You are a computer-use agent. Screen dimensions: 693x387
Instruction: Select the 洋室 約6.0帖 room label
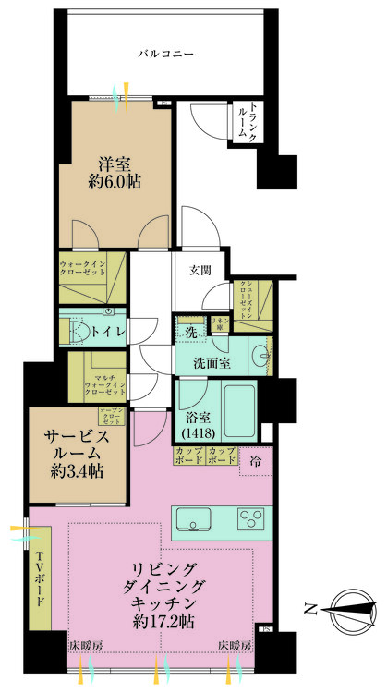pyautogui.click(x=115, y=173)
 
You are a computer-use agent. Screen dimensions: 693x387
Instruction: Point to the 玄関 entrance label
pyautogui.click(x=201, y=271)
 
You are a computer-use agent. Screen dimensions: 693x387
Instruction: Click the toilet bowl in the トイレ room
pyautogui.click(x=80, y=330)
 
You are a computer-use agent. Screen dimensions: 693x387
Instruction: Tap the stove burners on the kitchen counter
pyautogui.click(x=250, y=518)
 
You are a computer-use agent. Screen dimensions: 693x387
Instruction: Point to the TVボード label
pyautogui.click(x=41, y=582)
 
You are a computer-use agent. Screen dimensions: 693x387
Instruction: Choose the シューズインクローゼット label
pyautogui.click(x=247, y=300)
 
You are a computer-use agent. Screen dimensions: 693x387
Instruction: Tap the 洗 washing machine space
pyautogui.click(x=189, y=330)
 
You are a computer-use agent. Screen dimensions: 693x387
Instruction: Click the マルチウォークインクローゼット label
pyautogui.click(x=103, y=383)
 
